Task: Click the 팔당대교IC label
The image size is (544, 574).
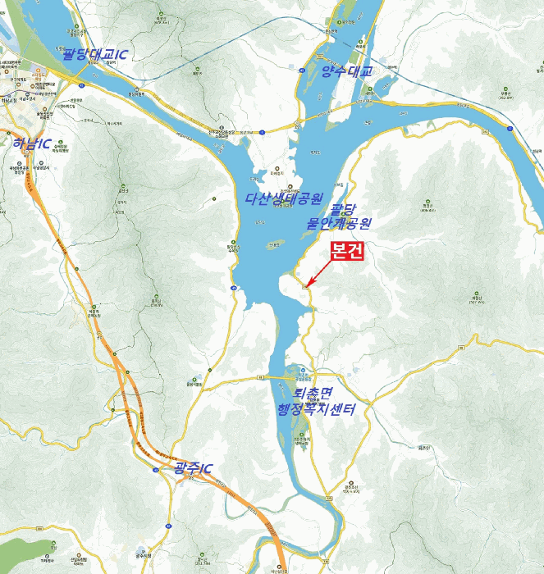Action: tap(98, 54)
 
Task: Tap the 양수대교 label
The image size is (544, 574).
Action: tap(346, 72)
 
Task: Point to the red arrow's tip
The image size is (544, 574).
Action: tap(309, 287)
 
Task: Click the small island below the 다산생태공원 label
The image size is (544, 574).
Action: tap(276, 244)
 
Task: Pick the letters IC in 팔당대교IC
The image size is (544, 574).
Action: tap(121, 54)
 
